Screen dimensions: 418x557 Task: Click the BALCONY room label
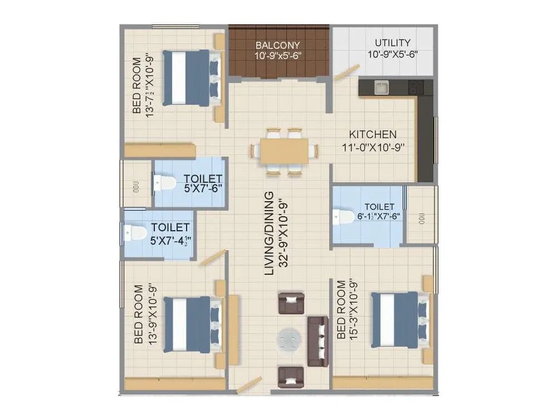coord(277,45)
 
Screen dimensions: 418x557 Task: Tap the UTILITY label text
coord(392,43)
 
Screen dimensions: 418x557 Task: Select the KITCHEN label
coord(373,134)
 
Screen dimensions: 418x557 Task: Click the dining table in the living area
coord(284,150)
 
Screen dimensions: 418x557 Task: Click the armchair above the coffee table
coord(290,303)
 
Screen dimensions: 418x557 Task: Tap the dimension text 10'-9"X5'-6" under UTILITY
coord(392,55)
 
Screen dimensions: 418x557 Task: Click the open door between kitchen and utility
coord(346,73)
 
